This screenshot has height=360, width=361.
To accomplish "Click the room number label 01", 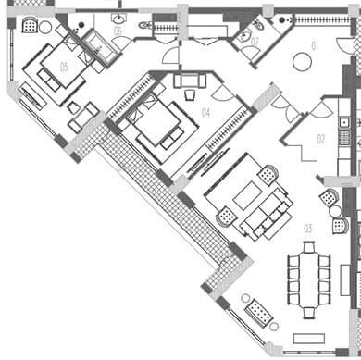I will pyautogui.click(x=314, y=45).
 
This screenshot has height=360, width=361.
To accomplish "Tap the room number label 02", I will pyautogui.click(x=321, y=139).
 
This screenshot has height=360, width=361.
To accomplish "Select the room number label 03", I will pyautogui.click(x=308, y=228).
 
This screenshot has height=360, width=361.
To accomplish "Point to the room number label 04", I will pyautogui.click(x=205, y=113).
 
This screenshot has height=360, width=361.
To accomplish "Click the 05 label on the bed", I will pyautogui.click(x=64, y=67).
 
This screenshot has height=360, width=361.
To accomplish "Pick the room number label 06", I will pyautogui.click(x=118, y=31).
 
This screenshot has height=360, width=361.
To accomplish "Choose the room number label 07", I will pyautogui.click(x=255, y=41).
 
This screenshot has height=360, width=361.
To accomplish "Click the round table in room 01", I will pyautogui.click(x=301, y=63).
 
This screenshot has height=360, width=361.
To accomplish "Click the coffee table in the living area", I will pyautogui.click(x=248, y=197).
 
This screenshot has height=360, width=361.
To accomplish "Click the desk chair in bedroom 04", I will pyautogui.click(x=190, y=81).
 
